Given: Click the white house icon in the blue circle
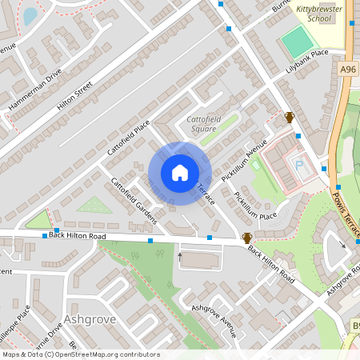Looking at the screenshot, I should pyautogui.click(x=180, y=173).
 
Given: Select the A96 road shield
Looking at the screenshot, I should pyautogui.click(x=348, y=70).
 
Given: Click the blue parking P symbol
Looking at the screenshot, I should pyautogui.click(x=300, y=166).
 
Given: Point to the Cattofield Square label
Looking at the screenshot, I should pyautogui.click(x=202, y=123).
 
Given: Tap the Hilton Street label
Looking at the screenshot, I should pyautogui.click(x=75, y=92).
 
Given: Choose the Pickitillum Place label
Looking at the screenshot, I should pyautogui.click(x=255, y=205).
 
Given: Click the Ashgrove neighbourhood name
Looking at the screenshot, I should pyautogui.click(x=90, y=319).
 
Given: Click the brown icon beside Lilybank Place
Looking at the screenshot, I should pyautogui.click(x=290, y=117).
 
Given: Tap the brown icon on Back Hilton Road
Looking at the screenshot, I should pyautogui.click(x=248, y=238).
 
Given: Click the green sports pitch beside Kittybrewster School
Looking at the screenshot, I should pyautogui.click(x=298, y=41).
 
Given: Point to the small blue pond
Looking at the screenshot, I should pyautogui.click(x=30, y=15).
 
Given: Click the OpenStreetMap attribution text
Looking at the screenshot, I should pyautogui.click(x=80, y=354).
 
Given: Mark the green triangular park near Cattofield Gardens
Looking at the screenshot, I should pyautogui.click(x=94, y=206).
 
